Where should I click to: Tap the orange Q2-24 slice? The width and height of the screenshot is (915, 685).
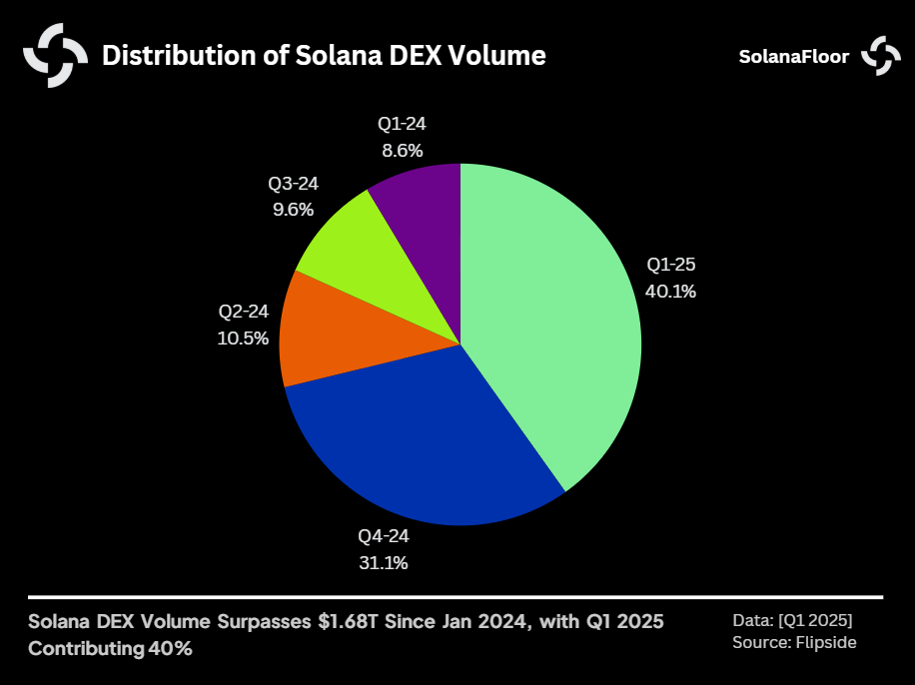pos(335,335)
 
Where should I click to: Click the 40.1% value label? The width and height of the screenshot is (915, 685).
pos(671,292)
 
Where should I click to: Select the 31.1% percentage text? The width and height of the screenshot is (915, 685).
pos(383,563)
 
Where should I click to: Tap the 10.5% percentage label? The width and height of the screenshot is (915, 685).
pos(243,338)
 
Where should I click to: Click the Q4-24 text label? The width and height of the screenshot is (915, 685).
pos(383,536)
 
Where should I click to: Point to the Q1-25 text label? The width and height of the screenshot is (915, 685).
pos(671,266)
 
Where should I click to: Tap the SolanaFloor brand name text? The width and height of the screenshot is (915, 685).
pos(793,56)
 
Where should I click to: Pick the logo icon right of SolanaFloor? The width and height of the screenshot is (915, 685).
pos(881,55)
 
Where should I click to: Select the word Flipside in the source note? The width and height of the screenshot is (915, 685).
pos(825,643)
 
